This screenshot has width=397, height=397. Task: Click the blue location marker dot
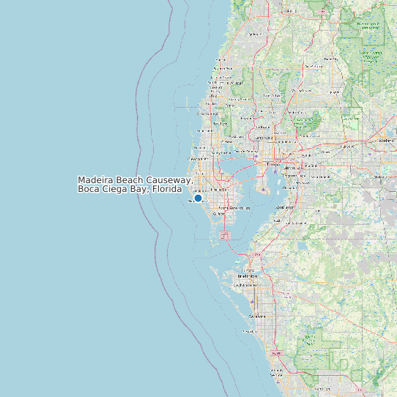[x=198, y=198]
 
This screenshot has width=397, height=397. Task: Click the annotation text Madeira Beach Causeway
[x=135, y=180]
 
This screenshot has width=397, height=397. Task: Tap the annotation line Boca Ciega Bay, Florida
[x=130, y=189]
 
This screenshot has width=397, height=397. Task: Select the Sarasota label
[x=257, y=316]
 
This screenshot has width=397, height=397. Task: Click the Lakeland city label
[x=386, y=140]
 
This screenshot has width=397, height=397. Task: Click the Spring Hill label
[x=255, y=34]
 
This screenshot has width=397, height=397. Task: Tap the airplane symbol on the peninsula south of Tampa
[x=263, y=190]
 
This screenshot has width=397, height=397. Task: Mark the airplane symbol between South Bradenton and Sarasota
[x=253, y=302]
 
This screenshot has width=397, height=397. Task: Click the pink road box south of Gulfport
[x=224, y=235]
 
